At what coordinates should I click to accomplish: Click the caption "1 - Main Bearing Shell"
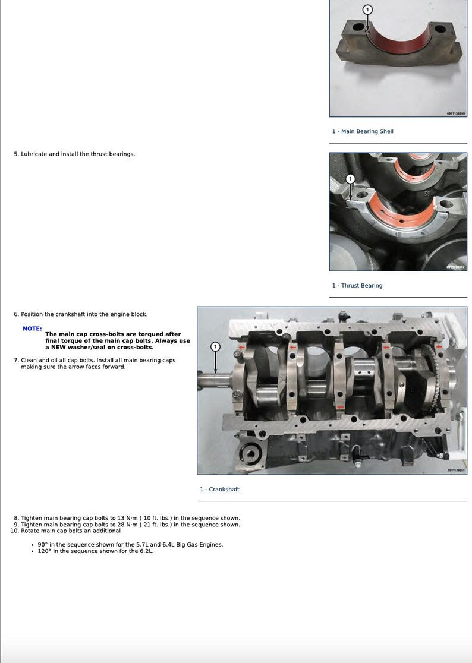coord(363,131)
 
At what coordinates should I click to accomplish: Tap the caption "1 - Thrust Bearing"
coord(357,286)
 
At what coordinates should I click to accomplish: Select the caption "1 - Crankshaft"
coord(219,490)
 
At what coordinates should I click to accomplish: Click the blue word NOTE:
coord(32,329)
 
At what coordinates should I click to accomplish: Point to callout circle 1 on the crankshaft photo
coord(215,346)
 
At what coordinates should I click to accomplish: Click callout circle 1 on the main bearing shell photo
coord(367,10)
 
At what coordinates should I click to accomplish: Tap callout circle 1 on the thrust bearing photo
coord(350,179)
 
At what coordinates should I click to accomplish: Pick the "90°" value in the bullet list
coord(42,545)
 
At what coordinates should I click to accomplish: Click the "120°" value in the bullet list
coord(44,551)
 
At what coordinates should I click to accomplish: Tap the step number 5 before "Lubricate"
coord(16,154)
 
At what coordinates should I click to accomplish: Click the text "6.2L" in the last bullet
coord(144,551)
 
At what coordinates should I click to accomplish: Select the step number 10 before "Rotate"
coord(14,531)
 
